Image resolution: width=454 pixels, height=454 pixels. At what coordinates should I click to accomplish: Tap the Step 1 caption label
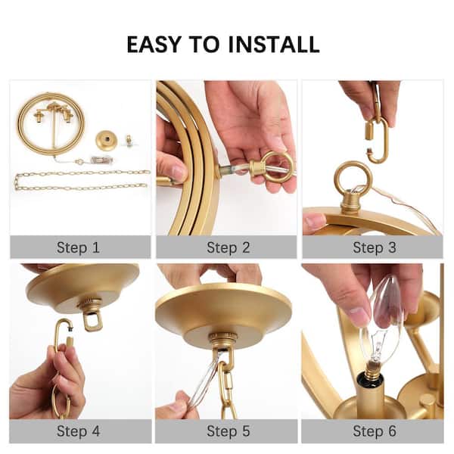78,247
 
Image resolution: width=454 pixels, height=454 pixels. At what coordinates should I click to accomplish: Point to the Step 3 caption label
372,247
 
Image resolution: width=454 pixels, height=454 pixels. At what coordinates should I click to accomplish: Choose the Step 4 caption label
78,431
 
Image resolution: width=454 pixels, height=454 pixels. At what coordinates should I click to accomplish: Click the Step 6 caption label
372,431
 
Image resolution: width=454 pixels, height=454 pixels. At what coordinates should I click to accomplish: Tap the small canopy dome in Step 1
106,140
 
